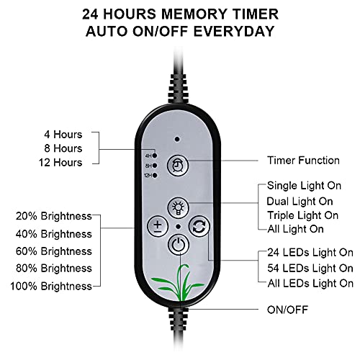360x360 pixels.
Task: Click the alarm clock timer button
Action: (178, 166)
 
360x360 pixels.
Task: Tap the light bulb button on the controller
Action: (178, 208)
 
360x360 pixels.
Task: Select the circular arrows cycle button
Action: (199, 226)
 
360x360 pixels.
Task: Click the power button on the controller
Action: (178, 245)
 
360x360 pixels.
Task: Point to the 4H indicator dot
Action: (155, 156)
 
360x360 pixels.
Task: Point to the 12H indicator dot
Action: (155, 176)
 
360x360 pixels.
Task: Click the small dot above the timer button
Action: (177, 139)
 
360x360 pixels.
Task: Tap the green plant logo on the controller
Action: (178, 282)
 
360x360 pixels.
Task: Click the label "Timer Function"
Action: (303, 161)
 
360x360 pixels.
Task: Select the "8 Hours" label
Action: (63, 148)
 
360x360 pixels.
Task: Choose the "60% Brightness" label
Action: (54, 251)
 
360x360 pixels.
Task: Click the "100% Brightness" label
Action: (51, 286)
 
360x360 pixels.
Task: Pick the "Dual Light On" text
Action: (300, 201)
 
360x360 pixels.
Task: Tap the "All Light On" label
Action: (295, 229)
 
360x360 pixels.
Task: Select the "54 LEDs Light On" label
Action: (310, 268)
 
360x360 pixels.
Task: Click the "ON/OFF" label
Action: (287, 310)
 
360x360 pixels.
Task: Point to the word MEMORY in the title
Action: (194, 14)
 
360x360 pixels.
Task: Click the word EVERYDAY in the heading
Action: (234, 31)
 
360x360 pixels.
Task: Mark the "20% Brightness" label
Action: (54, 216)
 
